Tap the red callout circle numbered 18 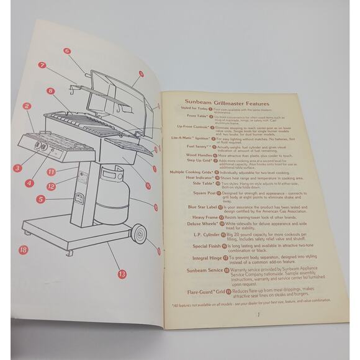click(x=23, y=250)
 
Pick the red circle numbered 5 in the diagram click(x=40, y=200)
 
